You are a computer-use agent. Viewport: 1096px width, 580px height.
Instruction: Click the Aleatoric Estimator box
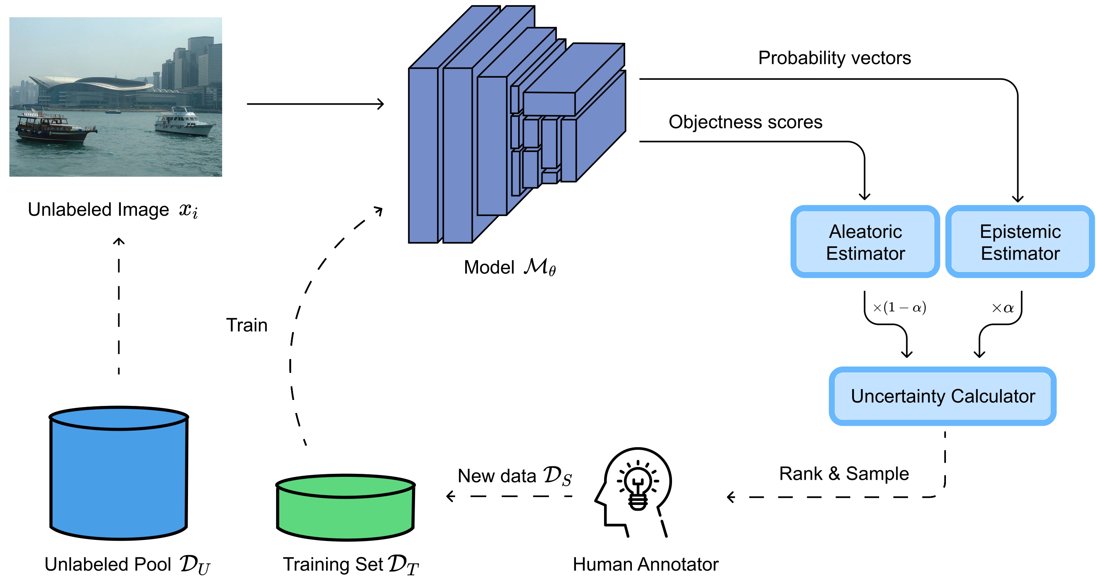click(x=865, y=242)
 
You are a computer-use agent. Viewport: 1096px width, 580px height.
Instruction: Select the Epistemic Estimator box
click(x=1020, y=242)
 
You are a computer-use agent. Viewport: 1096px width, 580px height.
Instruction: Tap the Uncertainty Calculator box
click(x=943, y=396)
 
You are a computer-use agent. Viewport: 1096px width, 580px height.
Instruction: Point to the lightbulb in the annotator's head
click(x=637, y=485)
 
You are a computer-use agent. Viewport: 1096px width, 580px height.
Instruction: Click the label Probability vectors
click(x=834, y=58)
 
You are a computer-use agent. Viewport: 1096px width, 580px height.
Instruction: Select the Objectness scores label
click(x=746, y=122)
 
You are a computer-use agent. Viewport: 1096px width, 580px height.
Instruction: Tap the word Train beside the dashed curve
click(x=247, y=325)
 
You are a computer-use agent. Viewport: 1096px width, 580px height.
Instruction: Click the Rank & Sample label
click(x=844, y=473)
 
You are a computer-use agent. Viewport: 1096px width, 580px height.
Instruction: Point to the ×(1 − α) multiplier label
click(x=899, y=307)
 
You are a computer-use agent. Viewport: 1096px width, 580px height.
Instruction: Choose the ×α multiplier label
click(x=1003, y=308)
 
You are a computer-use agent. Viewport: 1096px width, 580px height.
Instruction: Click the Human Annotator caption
click(x=645, y=564)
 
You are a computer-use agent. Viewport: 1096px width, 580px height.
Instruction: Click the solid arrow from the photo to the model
click(x=315, y=104)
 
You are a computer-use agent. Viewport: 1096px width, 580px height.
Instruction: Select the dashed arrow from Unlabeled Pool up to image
click(x=119, y=307)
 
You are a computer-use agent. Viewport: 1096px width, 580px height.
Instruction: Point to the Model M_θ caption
click(x=510, y=267)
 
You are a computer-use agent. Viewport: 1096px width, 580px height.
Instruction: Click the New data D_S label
click(x=514, y=476)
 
